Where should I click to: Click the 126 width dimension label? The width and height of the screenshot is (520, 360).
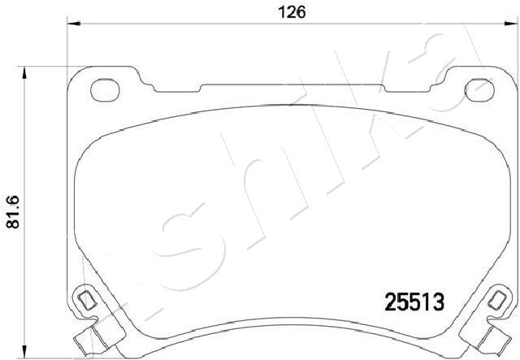pos(292,12)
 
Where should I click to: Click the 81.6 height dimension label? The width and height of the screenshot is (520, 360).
pos(13,211)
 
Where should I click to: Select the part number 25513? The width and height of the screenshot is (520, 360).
pos(414,302)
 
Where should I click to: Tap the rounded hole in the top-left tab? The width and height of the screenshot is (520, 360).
pos(105,90)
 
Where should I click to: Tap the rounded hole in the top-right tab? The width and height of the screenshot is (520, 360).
pos(479,90)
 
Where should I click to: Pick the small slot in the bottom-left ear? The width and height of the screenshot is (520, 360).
pos(87,300)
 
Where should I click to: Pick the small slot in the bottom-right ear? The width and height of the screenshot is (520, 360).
pos(496,300)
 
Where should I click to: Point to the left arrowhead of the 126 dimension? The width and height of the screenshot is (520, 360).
pos(74,24)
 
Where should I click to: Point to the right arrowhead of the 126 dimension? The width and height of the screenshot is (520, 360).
pos(511,24)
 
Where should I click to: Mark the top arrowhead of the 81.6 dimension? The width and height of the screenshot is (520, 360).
pos(24,72)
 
